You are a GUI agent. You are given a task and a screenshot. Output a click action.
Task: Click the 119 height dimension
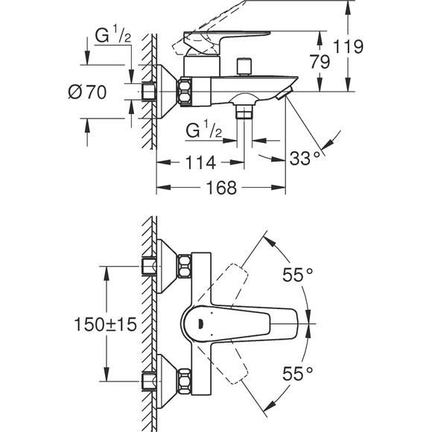tap(348, 47)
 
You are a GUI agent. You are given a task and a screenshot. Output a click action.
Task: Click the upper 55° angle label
tap(297, 275)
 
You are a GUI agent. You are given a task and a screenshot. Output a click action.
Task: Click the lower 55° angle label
tap(297, 370)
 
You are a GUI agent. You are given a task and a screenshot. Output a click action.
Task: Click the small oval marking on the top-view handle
tap(200, 323)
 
